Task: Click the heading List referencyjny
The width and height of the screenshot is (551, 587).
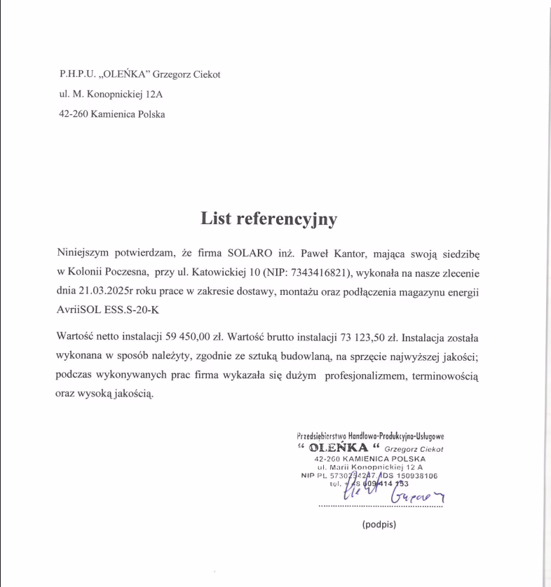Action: point(268,219)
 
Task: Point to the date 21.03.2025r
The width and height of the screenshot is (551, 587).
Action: point(102,291)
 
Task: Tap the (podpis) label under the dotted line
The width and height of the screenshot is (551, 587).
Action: point(379,524)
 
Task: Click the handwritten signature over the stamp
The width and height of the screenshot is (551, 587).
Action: point(393,493)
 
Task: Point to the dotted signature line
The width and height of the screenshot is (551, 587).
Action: point(380,506)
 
